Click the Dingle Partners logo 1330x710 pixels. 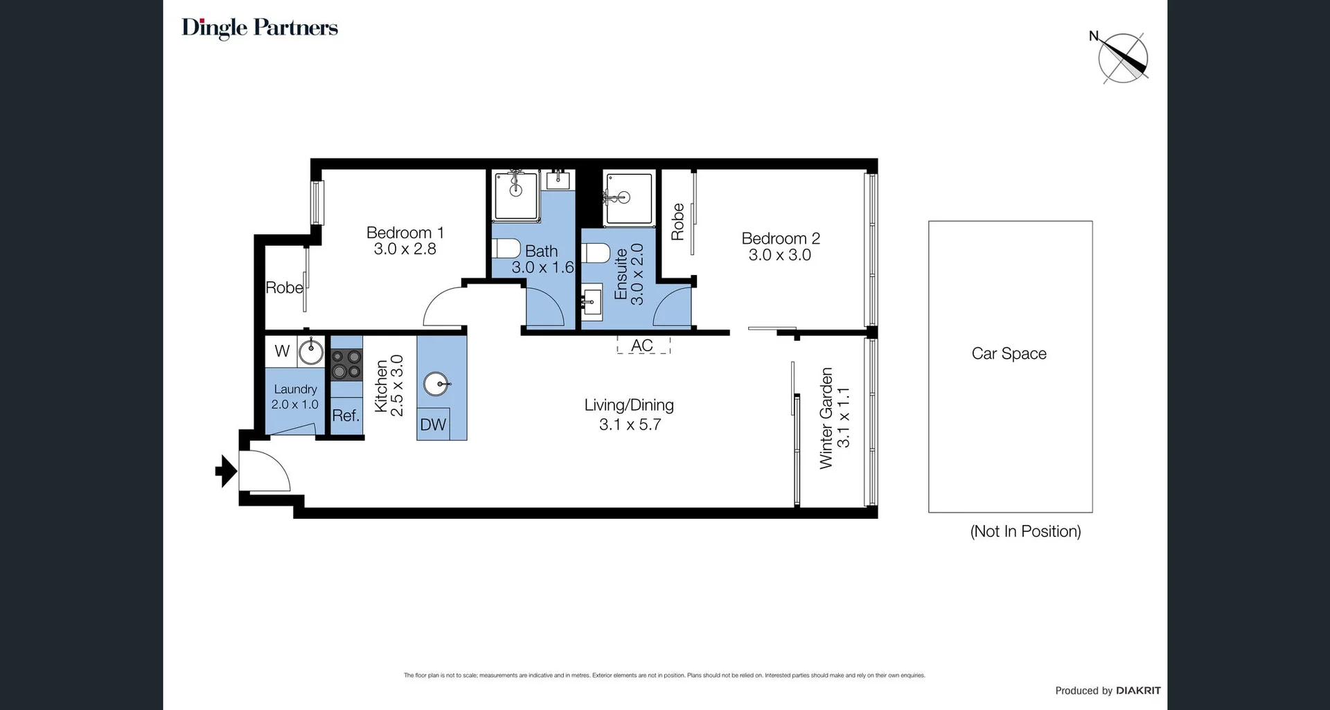(x=260, y=28)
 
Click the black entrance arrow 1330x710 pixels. (x=226, y=472)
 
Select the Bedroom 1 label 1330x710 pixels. (x=405, y=233)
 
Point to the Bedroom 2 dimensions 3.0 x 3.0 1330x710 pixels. (x=779, y=255)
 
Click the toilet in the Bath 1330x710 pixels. (x=506, y=249)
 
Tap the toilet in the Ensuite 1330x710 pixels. (x=596, y=253)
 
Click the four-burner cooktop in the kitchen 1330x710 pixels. (x=346, y=365)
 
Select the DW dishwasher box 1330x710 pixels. (x=433, y=425)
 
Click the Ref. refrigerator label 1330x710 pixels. (x=346, y=416)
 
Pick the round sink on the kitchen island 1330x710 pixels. (x=436, y=384)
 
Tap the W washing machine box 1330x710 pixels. (x=281, y=351)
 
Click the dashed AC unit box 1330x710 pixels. (x=643, y=345)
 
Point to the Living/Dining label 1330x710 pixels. (x=628, y=405)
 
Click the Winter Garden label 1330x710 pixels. (x=826, y=418)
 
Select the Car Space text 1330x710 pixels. (x=1009, y=353)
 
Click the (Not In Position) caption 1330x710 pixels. (x=1025, y=531)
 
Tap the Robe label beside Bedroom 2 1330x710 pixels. (x=677, y=222)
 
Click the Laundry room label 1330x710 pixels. (x=295, y=389)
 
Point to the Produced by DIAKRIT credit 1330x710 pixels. (x=1107, y=691)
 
